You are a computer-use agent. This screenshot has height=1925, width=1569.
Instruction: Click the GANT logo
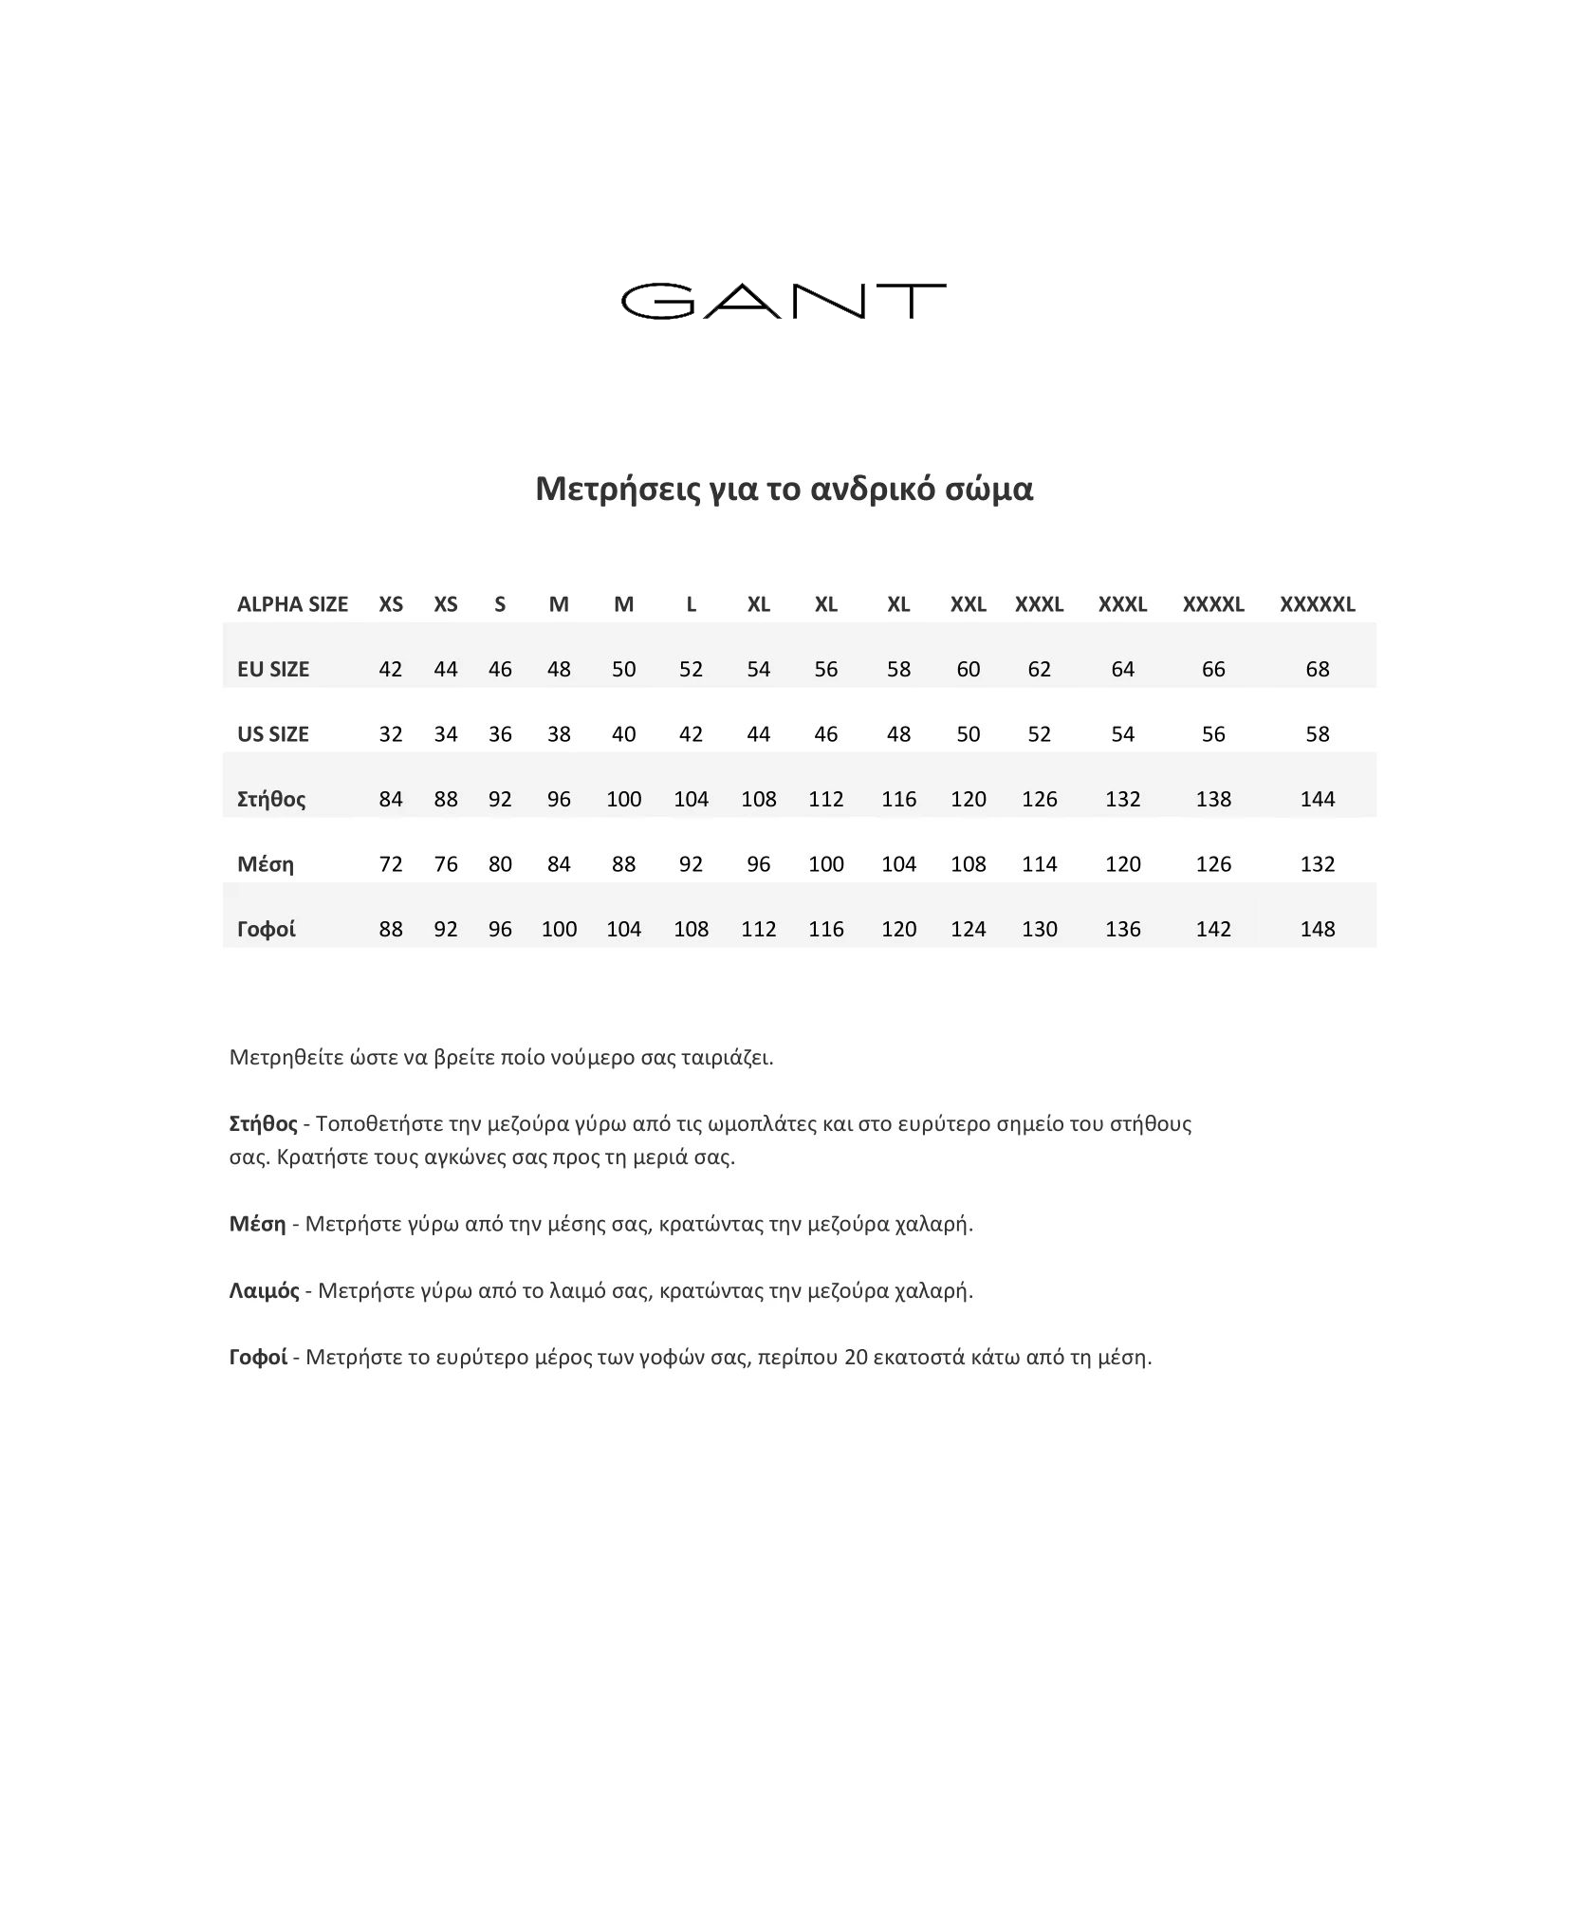pos(783,301)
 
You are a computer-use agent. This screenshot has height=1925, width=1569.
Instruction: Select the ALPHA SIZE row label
pos(292,604)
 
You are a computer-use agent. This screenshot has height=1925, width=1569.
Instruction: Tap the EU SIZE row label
pos(273,669)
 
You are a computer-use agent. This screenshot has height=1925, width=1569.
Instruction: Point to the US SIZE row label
pos(273,733)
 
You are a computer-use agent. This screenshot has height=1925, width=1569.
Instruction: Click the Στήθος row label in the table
pos(271,799)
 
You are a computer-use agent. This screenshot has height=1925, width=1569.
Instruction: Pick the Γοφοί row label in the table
pos(267,929)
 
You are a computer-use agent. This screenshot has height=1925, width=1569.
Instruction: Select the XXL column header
pos(968,604)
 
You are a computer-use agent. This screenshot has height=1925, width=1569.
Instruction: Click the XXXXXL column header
pos(1317,604)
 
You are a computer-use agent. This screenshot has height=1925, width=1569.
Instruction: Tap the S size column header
pos(500,604)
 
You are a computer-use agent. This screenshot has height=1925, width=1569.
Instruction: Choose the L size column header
pos(691,604)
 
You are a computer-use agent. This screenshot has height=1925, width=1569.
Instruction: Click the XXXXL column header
pos(1212,604)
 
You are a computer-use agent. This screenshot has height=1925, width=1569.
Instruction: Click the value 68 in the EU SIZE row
pos(1317,669)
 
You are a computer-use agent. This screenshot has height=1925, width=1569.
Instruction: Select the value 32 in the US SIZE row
pos(391,733)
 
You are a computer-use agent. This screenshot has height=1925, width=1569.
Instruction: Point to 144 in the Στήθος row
pos(1317,799)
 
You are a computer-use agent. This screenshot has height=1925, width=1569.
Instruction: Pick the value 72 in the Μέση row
pos(391,863)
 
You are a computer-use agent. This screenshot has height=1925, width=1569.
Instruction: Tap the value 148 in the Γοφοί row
pos(1317,929)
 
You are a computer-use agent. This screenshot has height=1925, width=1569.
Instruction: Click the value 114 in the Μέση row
pos(1039,863)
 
